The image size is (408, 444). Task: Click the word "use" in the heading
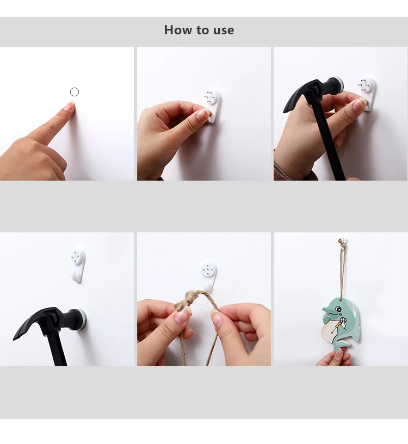coord(224,31)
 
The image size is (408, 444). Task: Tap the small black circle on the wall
coord(75,92)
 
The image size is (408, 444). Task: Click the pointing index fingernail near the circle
coord(70,107)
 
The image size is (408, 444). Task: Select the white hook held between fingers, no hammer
coord(212,106)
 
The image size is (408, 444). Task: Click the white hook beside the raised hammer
coord(368,94)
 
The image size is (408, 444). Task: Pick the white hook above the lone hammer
coord(78,266)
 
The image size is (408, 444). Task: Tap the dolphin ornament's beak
coord(326,311)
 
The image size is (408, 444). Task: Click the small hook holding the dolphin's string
coord(343,242)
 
